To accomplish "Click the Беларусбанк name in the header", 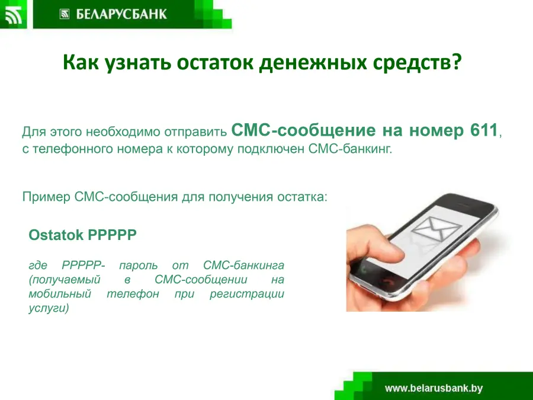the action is click(121, 14).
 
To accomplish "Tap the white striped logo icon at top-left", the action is click(13, 15).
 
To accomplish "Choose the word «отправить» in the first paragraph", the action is click(195, 132).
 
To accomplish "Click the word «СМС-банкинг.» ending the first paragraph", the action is click(351, 149).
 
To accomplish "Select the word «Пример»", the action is click(46, 197).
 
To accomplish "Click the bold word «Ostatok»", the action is click(56, 235).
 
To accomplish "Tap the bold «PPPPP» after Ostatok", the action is click(112, 235).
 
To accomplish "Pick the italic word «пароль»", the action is click(139, 265).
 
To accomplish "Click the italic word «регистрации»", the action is click(247, 294).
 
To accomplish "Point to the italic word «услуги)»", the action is click(49, 309).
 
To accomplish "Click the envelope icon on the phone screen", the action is click(436, 228).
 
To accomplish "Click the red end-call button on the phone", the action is click(388, 282).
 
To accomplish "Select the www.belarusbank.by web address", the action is click(434, 388).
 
